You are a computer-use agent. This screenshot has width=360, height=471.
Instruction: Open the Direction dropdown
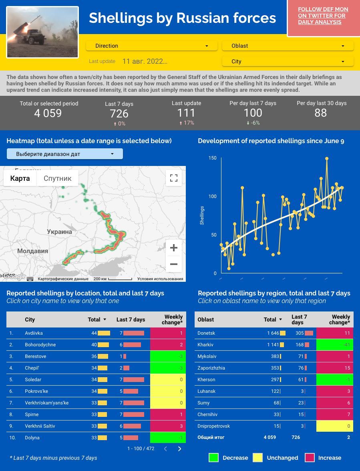point(151,46)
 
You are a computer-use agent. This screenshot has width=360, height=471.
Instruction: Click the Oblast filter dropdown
point(288,46)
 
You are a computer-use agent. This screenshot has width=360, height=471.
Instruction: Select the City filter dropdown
point(288,61)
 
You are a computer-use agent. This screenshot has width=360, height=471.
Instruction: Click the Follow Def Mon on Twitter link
point(323,16)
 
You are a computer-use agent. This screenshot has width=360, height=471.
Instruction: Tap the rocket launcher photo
point(42,32)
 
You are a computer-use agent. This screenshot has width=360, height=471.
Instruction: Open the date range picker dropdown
point(64,154)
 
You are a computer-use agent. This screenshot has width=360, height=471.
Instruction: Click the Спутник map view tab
point(57,178)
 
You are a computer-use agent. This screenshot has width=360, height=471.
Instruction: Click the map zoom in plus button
point(174,248)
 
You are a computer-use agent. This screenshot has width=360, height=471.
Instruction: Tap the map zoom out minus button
point(174,264)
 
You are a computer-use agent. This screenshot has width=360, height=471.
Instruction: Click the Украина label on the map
point(59,232)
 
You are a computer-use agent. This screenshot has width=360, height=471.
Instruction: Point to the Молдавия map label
point(32,251)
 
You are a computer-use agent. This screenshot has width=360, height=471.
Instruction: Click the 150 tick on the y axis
point(212,158)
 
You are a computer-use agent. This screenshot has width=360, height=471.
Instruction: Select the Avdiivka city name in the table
point(34,333)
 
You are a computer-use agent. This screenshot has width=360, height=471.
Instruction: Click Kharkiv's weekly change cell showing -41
point(335,345)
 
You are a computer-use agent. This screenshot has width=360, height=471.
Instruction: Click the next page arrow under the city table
point(179,449)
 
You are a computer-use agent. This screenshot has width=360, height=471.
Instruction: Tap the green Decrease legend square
point(213,458)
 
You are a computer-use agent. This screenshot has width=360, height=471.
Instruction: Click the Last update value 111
point(186,113)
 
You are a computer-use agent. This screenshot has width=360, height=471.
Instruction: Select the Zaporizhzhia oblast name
point(211,368)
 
